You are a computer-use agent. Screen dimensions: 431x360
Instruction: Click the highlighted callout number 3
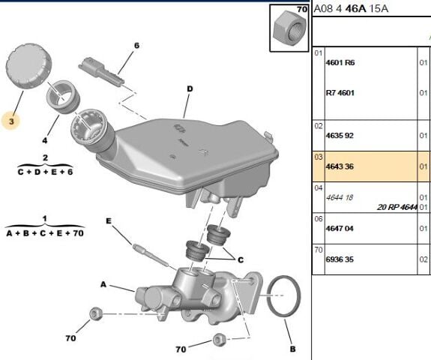[x=11, y=121]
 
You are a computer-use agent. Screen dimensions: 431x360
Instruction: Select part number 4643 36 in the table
[x=340, y=166]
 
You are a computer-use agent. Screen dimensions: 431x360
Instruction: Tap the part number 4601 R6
[x=340, y=63]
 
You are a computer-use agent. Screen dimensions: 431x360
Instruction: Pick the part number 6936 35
[x=340, y=259]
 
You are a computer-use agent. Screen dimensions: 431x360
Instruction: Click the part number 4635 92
[x=340, y=136]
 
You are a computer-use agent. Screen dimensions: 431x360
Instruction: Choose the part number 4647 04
[x=340, y=229]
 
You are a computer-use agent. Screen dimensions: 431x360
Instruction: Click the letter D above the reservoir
[x=190, y=88]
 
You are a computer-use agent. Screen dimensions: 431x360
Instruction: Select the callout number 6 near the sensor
[x=136, y=46]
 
